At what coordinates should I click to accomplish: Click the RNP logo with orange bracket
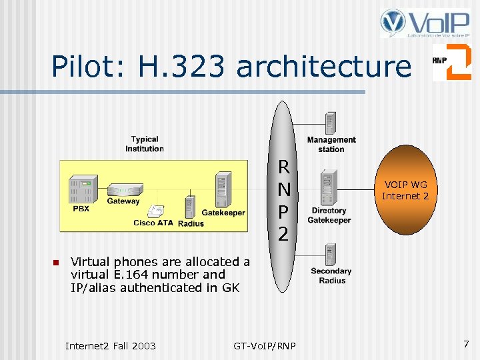click(x=451, y=62)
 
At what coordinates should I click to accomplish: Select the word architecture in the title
click(x=324, y=67)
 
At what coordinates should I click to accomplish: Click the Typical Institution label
click(x=145, y=144)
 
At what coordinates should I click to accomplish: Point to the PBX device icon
click(x=84, y=190)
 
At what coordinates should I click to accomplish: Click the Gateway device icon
click(x=125, y=190)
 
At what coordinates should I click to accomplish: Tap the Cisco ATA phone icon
click(x=157, y=211)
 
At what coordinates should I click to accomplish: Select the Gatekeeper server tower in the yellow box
click(x=223, y=189)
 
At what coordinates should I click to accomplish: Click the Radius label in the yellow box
click(x=191, y=223)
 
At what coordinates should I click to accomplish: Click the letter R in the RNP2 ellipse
click(x=283, y=167)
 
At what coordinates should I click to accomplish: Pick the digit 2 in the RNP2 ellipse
click(x=283, y=234)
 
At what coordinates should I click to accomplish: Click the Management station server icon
click(x=330, y=124)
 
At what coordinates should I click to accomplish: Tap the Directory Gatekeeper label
click(x=329, y=215)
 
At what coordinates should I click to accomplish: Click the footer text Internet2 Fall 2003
click(x=110, y=345)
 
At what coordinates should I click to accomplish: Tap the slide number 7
click(x=466, y=344)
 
